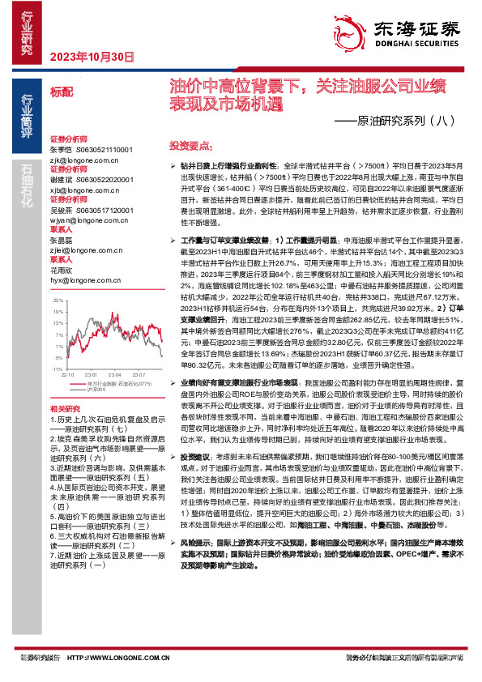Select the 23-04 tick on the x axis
click(115, 374)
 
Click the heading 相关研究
click(65, 407)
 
